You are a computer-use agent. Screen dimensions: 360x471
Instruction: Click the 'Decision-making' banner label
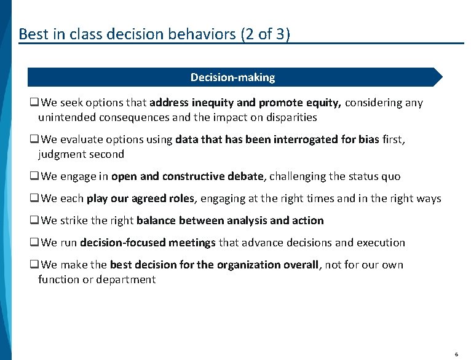[x=232, y=77]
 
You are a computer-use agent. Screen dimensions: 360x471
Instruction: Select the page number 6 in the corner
[x=456, y=354]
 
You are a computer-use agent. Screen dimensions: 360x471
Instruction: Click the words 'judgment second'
[x=81, y=154]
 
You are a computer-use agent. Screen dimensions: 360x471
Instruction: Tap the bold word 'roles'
[x=178, y=198]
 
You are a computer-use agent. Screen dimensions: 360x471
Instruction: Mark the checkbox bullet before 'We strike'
[x=34, y=221]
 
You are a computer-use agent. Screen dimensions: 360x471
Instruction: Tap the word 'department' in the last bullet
[x=127, y=280]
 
